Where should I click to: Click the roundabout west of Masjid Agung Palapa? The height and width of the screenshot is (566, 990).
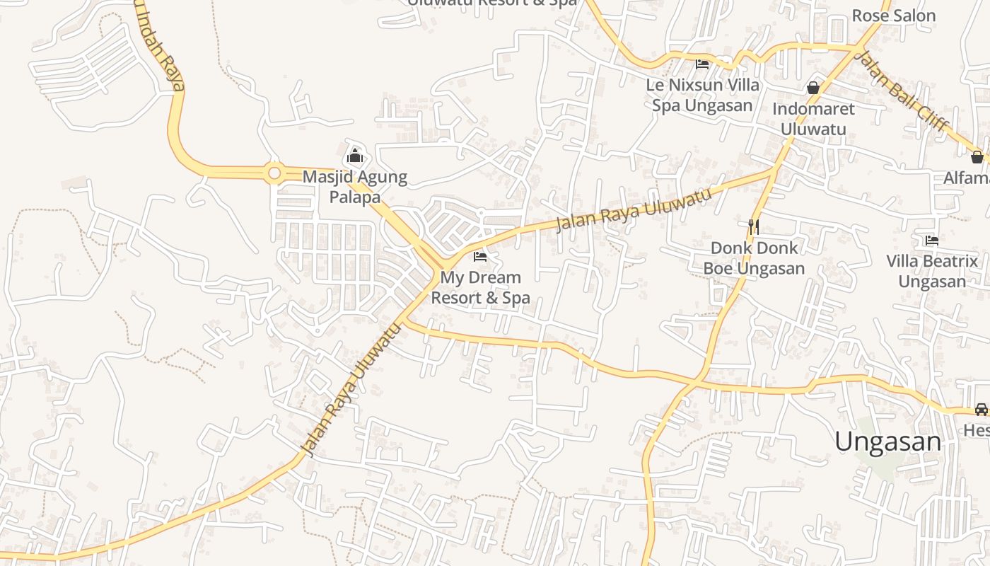click(x=274, y=173)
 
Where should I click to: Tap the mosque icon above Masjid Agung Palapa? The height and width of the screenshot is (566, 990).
click(x=355, y=156)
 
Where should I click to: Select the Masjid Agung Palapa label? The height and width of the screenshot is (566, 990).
click(x=355, y=187)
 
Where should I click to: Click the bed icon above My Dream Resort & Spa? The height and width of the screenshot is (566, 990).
click(x=480, y=256)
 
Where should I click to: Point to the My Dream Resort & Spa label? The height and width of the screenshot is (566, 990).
click(x=480, y=287)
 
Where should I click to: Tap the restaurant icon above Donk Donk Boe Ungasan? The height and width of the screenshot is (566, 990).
click(x=754, y=227)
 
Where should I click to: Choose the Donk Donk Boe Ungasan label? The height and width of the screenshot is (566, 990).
click(x=754, y=258)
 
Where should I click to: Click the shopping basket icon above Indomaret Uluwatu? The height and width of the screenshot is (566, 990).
click(x=813, y=88)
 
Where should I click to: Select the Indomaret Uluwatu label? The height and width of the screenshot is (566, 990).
click(x=813, y=119)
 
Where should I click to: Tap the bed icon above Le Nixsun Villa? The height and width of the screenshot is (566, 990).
click(x=702, y=64)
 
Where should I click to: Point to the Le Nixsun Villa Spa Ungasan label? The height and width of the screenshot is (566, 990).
click(x=702, y=95)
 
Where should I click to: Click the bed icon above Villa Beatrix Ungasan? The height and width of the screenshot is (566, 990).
click(x=932, y=241)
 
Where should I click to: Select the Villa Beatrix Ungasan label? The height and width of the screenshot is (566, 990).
click(x=932, y=271)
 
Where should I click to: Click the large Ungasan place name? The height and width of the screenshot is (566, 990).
click(x=888, y=441)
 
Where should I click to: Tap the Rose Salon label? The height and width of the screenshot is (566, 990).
click(x=894, y=16)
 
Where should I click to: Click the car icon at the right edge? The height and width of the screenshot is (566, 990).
click(x=981, y=409)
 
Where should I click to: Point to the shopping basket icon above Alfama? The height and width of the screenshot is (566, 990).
click(x=977, y=156)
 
